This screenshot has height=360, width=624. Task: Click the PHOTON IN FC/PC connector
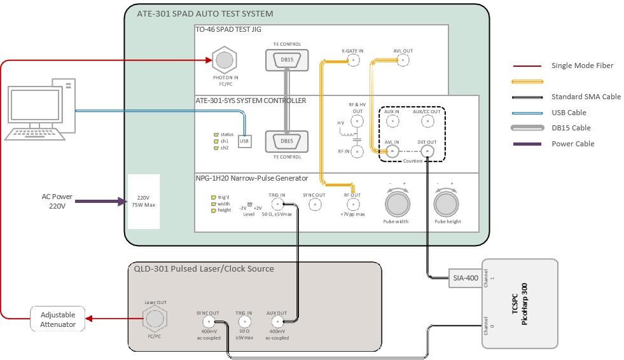(x=225, y=60)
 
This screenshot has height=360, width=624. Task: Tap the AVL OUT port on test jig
(x=403, y=60)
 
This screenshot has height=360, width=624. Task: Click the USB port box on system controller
(x=244, y=141)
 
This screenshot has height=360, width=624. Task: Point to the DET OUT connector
(x=427, y=151)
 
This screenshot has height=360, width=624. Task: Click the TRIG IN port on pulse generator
(x=277, y=205)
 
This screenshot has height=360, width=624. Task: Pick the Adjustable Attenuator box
(x=58, y=319)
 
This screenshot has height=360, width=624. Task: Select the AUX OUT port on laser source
(x=277, y=322)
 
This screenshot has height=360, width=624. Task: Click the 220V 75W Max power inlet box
(x=143, y=202)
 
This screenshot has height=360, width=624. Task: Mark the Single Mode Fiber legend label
(x=582, y=66)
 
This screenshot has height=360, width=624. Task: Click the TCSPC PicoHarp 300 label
(x=520, y=303)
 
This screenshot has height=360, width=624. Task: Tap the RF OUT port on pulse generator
(x=352, y=205)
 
